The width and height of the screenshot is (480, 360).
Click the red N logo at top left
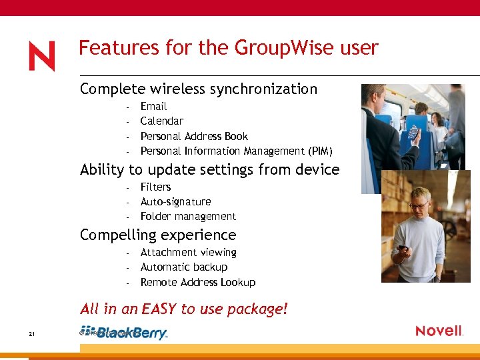click(41, 56)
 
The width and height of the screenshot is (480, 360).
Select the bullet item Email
click(153, 107)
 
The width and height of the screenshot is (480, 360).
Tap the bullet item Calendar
click(161, 121)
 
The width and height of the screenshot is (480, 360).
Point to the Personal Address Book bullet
click(194, 136)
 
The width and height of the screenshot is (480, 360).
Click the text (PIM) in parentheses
click(320, 151)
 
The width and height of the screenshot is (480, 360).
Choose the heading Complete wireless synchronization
click(198, 89)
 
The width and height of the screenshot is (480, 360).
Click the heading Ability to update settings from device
click(209, 170)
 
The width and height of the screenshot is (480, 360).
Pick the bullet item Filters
click(155, 187)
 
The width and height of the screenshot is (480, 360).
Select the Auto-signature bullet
click(175, 202)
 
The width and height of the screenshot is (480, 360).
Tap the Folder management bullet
click(188, 217)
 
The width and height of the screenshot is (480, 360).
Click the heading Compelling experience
click(158, 235)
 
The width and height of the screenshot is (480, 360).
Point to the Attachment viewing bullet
click(188, 253)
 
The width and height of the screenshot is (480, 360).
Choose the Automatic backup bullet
click(184, 267)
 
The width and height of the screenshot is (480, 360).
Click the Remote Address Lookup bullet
click(198, 283)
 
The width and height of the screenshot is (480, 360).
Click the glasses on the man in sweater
click(419, 205)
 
